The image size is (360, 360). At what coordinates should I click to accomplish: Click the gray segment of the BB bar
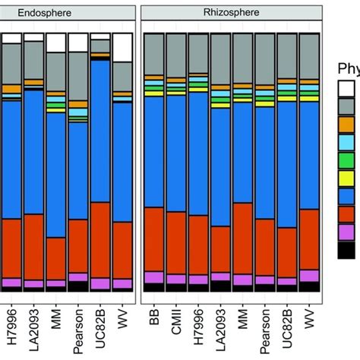point(154,53)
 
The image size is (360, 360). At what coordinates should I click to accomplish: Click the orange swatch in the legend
point(346,123)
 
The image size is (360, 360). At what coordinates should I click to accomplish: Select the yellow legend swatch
point(346,178)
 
